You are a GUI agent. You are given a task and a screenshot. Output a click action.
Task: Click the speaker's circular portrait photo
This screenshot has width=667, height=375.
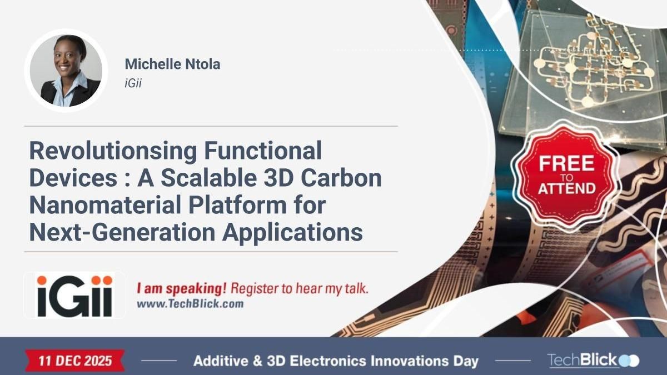66,71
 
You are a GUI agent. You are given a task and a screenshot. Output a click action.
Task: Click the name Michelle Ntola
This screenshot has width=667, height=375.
172,64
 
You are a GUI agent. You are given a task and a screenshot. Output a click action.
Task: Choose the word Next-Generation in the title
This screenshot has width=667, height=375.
123,232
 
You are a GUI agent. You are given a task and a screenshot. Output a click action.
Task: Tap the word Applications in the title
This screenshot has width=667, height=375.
293,232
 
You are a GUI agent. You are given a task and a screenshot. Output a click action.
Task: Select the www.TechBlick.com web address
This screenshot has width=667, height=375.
190,304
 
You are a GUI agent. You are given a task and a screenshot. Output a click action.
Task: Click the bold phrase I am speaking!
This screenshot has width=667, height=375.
182,289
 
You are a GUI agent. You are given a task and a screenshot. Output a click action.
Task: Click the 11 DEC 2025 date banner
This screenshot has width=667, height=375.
75,361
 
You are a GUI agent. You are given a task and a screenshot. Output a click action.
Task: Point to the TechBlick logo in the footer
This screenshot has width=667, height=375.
593,360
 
